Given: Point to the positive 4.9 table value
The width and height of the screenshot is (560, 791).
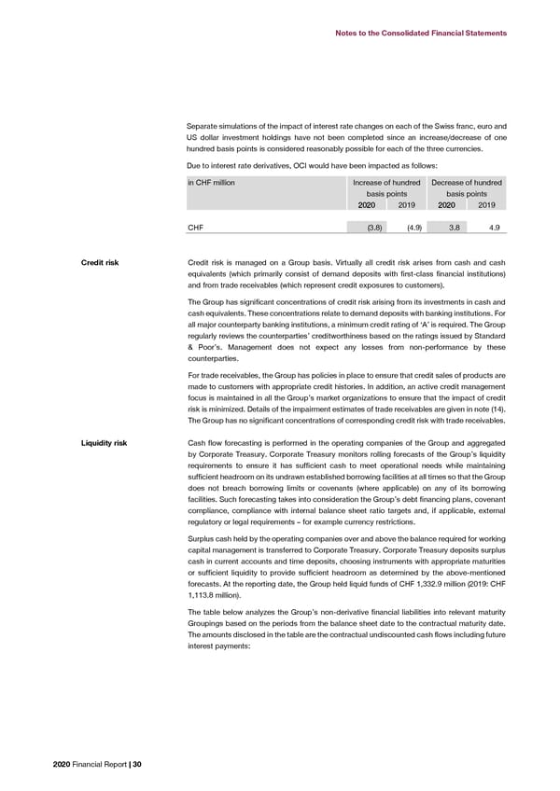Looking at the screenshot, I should pyautogui.click(x=494, y=227).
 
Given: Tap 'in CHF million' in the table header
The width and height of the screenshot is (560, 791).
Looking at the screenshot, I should pyautogui.click(x=210, y=182).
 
